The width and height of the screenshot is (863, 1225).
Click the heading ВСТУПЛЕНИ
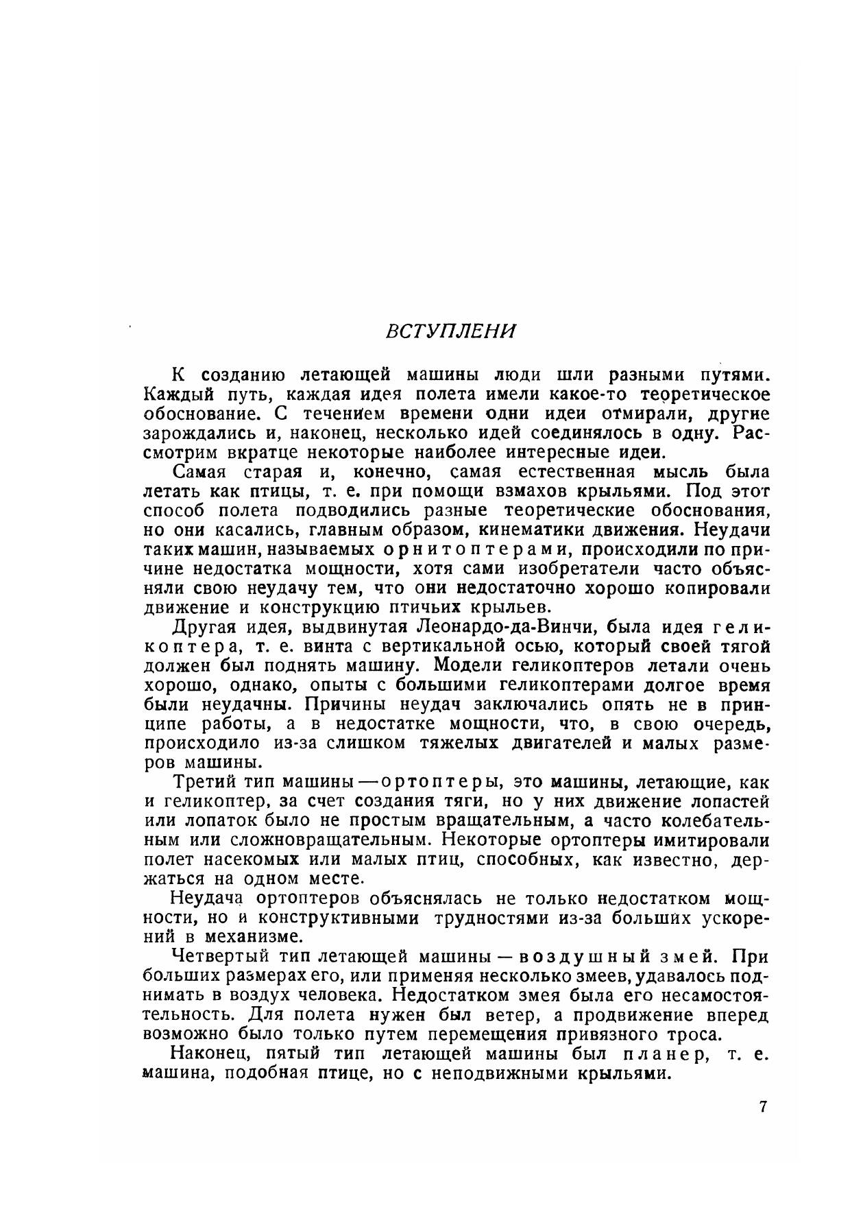(x=450, y=331)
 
